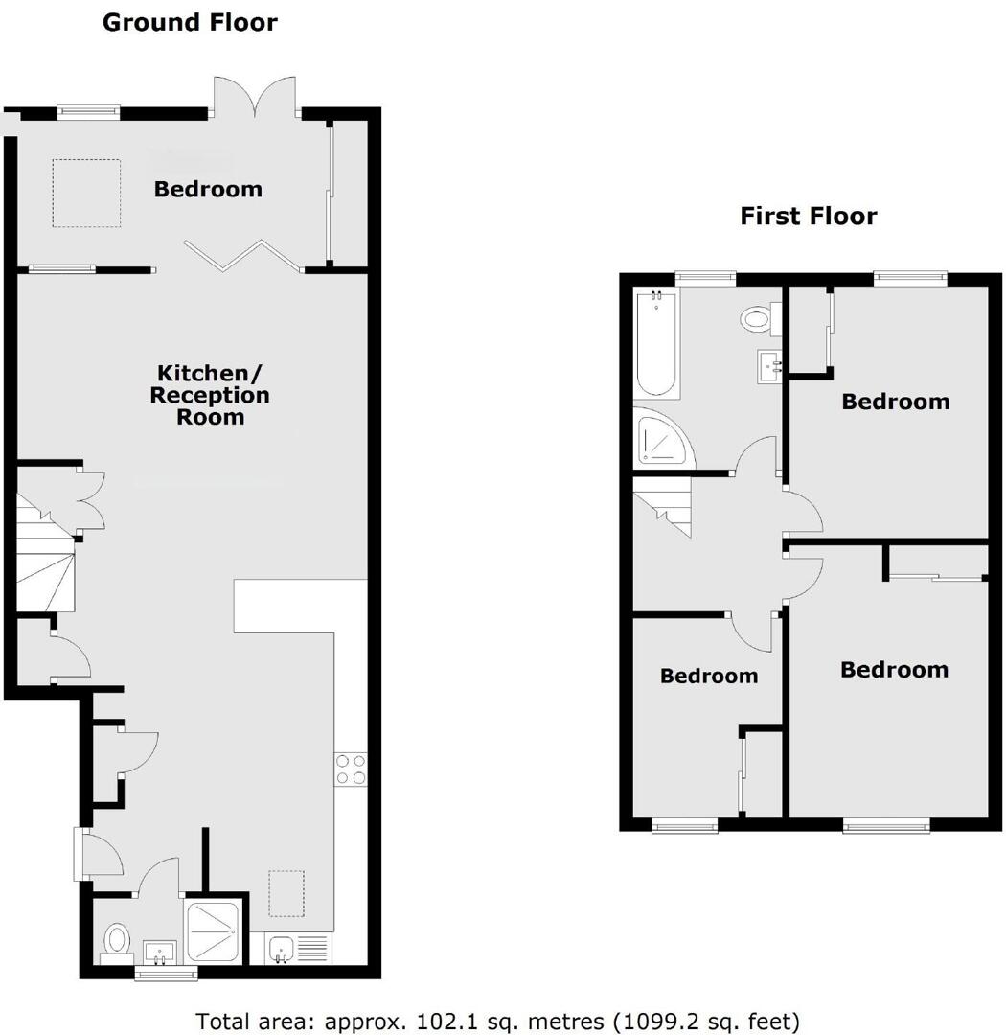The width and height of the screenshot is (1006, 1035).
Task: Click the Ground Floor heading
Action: pos(190,22)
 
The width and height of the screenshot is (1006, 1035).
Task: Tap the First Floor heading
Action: pos(808,216)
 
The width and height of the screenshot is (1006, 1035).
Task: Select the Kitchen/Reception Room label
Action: pos(210,394)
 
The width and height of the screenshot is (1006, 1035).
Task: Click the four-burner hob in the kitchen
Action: pos(350,770)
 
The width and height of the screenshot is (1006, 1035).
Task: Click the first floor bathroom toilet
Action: pos(758,319)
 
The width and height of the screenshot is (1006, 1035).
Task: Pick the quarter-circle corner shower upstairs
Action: pos(660,438)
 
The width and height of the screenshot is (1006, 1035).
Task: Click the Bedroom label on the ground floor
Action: pos(208,189)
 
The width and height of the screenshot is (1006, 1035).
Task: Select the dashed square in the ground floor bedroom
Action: pos(86,194)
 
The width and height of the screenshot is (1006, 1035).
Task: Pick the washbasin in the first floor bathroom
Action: pos(769,364)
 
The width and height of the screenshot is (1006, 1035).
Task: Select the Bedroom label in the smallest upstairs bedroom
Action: pos(709,676)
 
